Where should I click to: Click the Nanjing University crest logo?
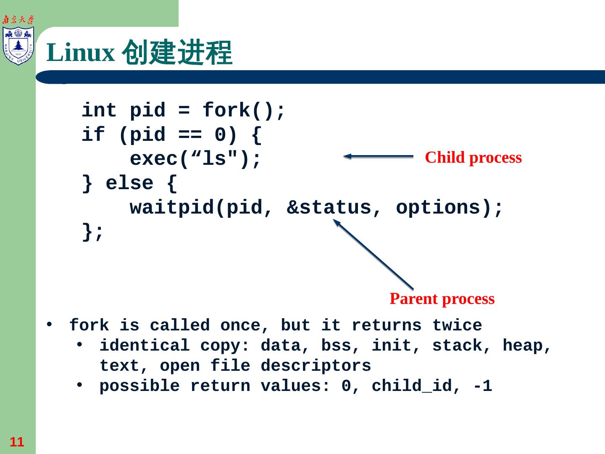coord(18,45)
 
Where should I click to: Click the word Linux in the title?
coord(80,53)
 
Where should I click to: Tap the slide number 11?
coord(17,442)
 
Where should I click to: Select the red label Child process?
coord(473,158)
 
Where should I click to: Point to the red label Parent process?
coord(442,299)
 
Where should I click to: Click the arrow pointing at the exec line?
coord(378,156)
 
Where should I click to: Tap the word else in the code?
coord(129,184)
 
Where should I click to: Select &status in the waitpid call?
coord(329,208)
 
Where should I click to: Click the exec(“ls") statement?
coord(195,159)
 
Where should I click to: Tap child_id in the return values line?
coord(411,386)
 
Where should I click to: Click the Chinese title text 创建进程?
coord(176,53)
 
